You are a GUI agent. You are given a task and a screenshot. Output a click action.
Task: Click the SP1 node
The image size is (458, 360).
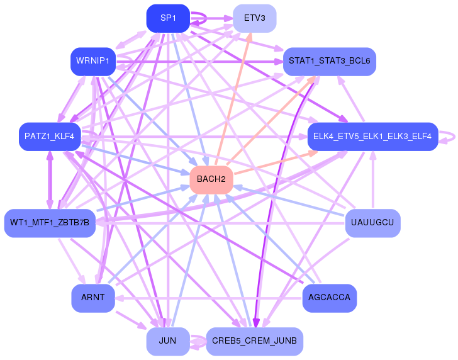click(x=168, y=18)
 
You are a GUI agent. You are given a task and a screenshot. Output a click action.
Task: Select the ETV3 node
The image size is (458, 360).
click(x=254, y=18)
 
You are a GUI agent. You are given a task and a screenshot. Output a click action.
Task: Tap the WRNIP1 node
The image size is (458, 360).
click(x=92, y=61)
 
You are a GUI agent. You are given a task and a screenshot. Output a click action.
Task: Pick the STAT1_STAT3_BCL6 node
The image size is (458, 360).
click(x=329, y=61)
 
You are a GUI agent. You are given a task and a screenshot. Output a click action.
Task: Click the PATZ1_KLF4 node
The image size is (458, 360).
click(x=50, y=137)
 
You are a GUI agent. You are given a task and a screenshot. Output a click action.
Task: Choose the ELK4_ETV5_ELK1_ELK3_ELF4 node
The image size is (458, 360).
click(x=372, y=137)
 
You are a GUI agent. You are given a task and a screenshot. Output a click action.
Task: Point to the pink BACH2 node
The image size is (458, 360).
click(x=211, y=179)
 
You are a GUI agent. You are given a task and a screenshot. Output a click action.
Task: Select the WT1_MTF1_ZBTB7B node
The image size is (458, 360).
click(x=50, y=223)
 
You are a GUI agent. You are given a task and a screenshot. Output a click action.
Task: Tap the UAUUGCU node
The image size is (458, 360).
click(x=372, y=223)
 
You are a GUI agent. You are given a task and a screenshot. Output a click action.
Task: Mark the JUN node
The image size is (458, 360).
click(x=168, y=340)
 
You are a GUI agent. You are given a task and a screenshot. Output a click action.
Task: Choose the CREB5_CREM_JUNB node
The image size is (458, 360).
click(x=254, y=340)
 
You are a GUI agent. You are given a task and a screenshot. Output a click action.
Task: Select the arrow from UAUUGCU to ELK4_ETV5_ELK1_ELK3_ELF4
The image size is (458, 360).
click(x=372, y=183)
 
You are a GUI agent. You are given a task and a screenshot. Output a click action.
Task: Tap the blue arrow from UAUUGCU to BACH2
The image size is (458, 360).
click(x=289, y=201)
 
